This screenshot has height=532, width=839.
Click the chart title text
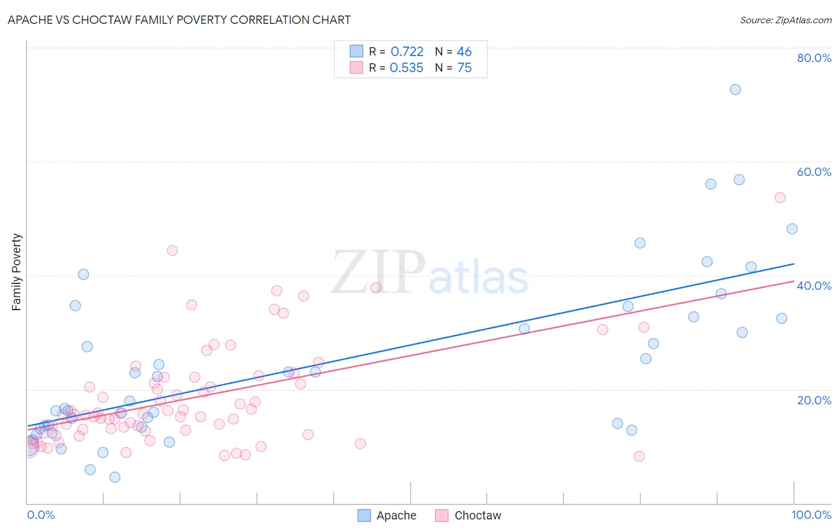(x=179, y=20)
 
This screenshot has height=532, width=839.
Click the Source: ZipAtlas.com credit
(x=785, y=20)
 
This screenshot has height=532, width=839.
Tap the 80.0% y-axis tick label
(x=814, y=58)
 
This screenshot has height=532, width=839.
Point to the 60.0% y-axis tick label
(x=814, y=172)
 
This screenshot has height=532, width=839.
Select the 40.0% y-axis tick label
(x=814, y=286)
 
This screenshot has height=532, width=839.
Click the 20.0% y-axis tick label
(x=814, y=400)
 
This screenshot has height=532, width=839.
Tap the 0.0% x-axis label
(x=41, y=515)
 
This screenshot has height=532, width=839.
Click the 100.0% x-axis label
(x=811, y=515)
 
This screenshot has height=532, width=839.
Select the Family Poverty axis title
(x=17, y=272)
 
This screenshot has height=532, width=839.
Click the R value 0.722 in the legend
(x=407, y=52)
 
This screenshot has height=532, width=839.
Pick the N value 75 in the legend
(x=464, y=68)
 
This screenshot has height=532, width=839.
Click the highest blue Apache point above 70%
(x=735, y=89)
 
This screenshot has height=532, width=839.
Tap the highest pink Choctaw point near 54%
(x=780, y=197)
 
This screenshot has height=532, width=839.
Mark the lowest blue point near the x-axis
(x=115, y=477)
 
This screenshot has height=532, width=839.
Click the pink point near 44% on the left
(x=172, y=250)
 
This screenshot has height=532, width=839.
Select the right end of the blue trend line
(x=794, y=264)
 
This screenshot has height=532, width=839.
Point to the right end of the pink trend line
(x=794, y=281)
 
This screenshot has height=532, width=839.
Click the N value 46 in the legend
(x=464, y=52)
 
